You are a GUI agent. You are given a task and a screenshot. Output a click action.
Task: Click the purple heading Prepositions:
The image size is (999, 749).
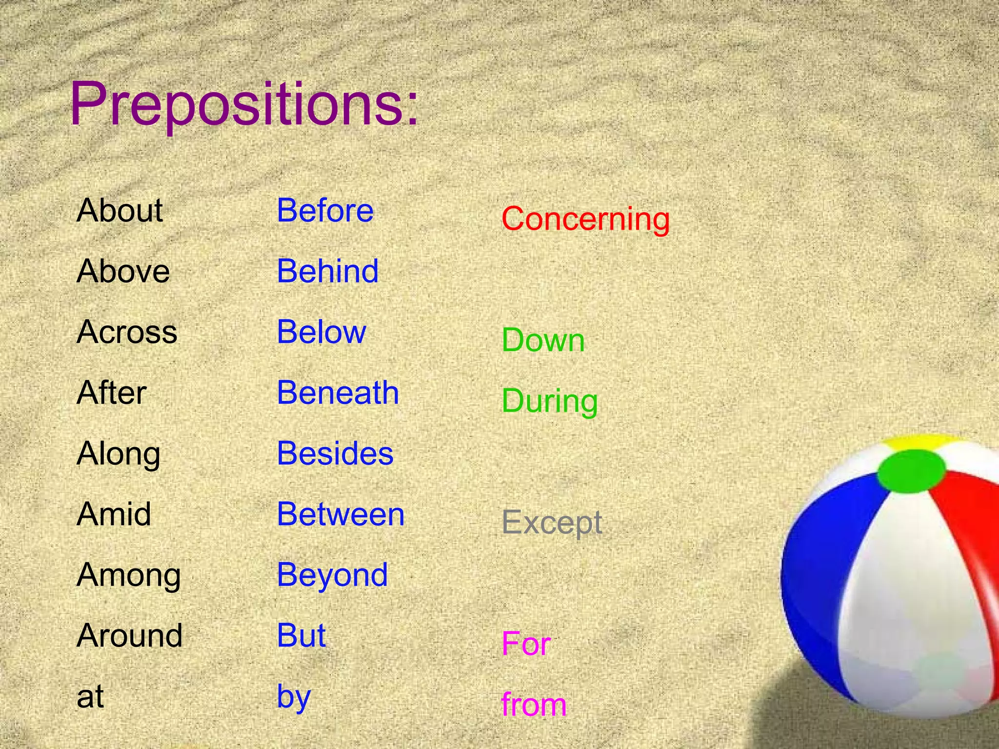click(244, 105)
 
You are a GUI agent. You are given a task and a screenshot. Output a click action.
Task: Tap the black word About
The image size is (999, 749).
click(120, 211)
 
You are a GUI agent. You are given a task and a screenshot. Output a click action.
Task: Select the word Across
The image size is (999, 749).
click(127, 332)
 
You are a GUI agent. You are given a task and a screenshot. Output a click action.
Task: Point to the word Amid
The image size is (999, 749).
click(114, 514)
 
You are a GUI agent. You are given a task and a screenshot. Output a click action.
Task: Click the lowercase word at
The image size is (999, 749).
click(90, 696)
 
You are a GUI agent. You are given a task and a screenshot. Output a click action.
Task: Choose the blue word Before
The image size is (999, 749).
click(325, 211)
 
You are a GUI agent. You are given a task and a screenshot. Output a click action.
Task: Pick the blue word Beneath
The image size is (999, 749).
click(338, 393)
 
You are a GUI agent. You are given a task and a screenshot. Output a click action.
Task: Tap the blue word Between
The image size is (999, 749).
click(340, 514)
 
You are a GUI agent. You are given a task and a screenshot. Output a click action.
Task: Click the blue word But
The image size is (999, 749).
click(301, 636)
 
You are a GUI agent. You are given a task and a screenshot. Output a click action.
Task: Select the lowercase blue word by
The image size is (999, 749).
click(294, 696)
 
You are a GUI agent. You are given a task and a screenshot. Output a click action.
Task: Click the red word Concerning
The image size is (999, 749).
click(585, 219)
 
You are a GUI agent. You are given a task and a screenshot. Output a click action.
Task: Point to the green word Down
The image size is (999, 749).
click(543, 340)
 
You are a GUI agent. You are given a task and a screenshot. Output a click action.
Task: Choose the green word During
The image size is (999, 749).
click(550, 401)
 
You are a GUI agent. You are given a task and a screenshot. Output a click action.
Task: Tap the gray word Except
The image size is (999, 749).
click(552, 523)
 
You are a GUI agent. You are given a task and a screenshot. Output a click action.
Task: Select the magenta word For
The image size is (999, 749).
click(526, 644)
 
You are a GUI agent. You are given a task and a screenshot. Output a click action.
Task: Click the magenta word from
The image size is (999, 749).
click(534, 705)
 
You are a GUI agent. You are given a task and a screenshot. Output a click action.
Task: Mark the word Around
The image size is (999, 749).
click(129, 636)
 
